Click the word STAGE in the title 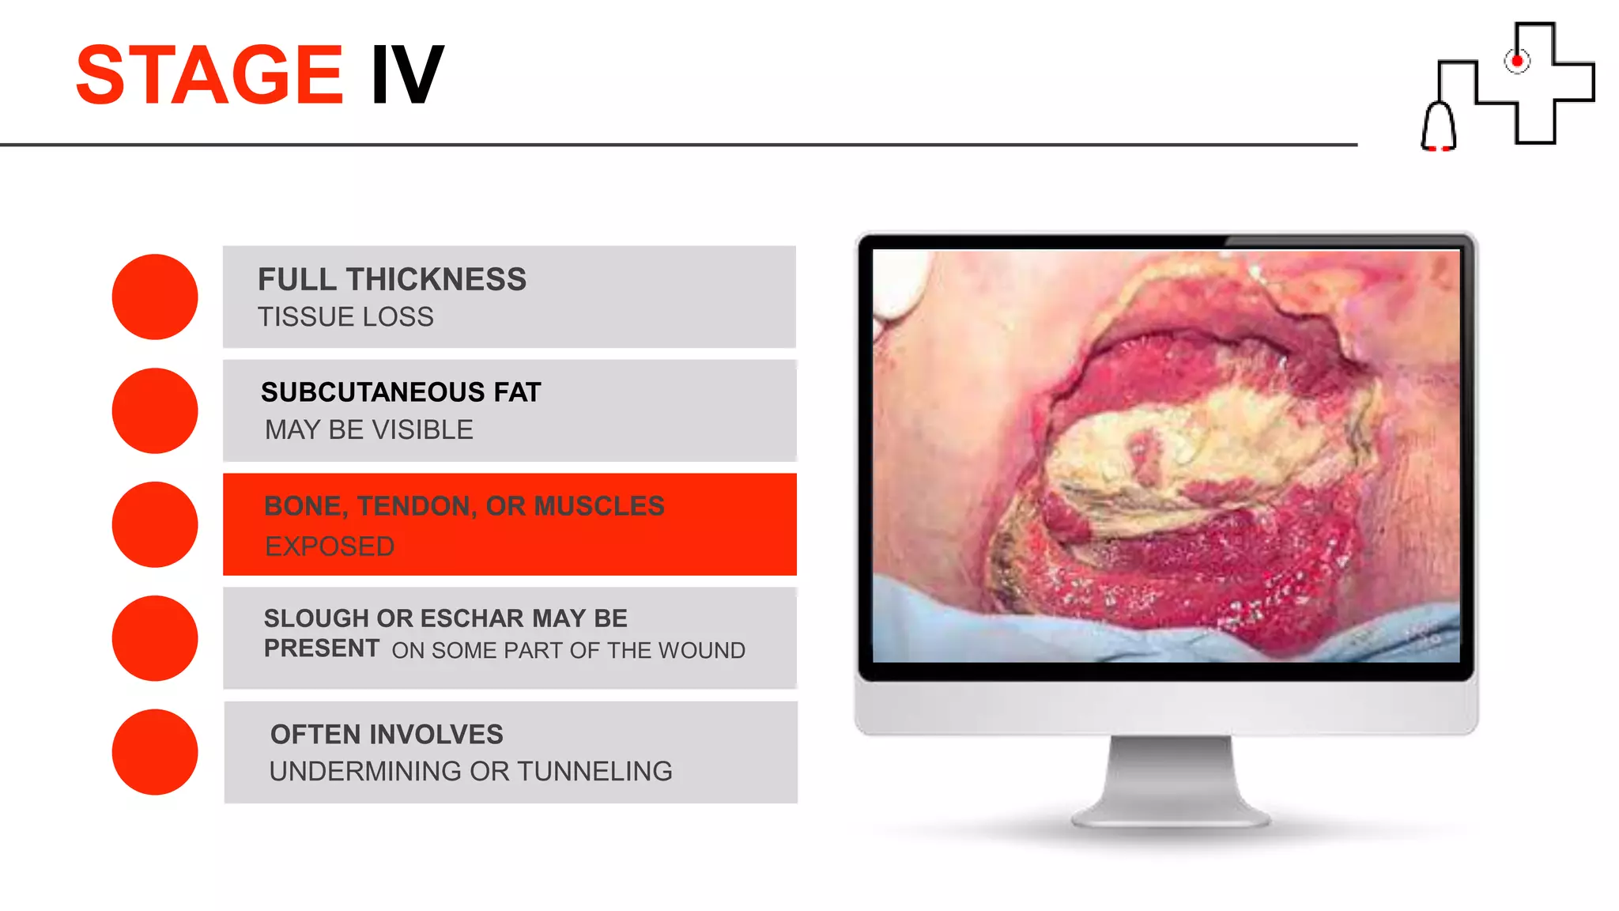[x=209, y=75]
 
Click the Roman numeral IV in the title [x=407, y=75]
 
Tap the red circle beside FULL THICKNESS [x=155, y=297]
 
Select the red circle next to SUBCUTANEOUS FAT [x=155, y=410]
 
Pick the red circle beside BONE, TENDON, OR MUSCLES [x=155, y=524]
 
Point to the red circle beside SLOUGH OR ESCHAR [x=155, y=638]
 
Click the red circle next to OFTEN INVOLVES [x=155, y=752]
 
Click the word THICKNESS [x=436, y=280]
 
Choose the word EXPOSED [x=330, y=546]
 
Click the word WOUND [x=702, y=651]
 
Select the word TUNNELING [x=594, y=771]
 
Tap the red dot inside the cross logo [x=1517, y=61]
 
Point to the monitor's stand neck [x=1170, y=775]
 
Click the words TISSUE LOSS [x=345, y=317]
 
